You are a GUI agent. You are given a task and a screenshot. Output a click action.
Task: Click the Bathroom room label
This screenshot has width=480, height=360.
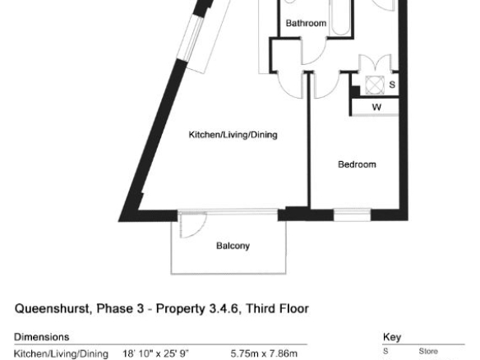point(306,23)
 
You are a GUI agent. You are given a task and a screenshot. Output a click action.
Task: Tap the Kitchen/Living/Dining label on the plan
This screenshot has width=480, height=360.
point(233,135)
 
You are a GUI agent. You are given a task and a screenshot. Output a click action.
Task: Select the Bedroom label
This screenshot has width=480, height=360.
point(357,164)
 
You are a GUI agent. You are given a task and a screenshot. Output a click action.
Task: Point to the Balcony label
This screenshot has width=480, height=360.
point(233,246)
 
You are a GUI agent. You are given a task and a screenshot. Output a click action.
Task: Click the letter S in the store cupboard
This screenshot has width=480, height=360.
point(392,84)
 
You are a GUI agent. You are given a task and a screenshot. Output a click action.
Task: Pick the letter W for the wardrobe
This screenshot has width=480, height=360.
point(376,107)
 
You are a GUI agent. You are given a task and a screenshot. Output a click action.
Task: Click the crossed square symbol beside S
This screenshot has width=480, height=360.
point(375,85)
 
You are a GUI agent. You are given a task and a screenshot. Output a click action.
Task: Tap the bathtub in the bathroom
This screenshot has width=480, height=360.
point(340,17)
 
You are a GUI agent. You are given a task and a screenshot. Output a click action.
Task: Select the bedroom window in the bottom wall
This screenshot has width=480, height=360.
point(352,215)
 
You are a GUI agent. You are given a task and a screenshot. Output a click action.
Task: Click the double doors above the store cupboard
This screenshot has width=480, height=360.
point(375,62)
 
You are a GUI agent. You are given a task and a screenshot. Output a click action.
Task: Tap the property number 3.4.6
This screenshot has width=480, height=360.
point(224,308)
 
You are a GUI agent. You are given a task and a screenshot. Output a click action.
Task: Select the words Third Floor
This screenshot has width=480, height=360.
point(277,308)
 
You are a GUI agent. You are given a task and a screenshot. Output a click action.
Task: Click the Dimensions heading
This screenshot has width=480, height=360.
point(42,337)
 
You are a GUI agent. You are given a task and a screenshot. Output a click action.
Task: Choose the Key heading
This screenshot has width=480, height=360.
point(392,337)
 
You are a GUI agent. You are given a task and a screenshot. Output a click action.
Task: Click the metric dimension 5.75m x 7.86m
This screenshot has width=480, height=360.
point(264,353)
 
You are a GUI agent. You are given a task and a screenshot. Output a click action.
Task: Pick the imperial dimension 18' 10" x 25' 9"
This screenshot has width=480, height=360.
point(156,353)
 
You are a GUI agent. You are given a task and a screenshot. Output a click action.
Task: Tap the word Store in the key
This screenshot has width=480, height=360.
point(428,351)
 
